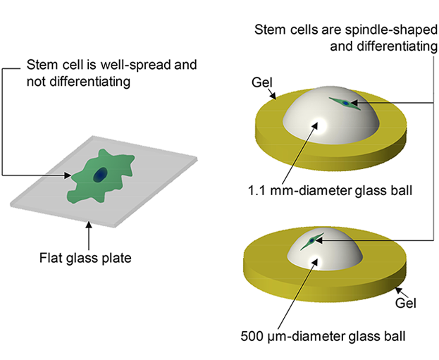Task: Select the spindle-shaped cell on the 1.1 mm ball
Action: [x=345, y=104]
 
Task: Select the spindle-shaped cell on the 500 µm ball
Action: [x=311, y=242]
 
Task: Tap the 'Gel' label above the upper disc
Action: [x=261, y=82]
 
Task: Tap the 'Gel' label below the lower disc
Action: [x=405, y=304]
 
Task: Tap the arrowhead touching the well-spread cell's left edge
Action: [x=68, y=175]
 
